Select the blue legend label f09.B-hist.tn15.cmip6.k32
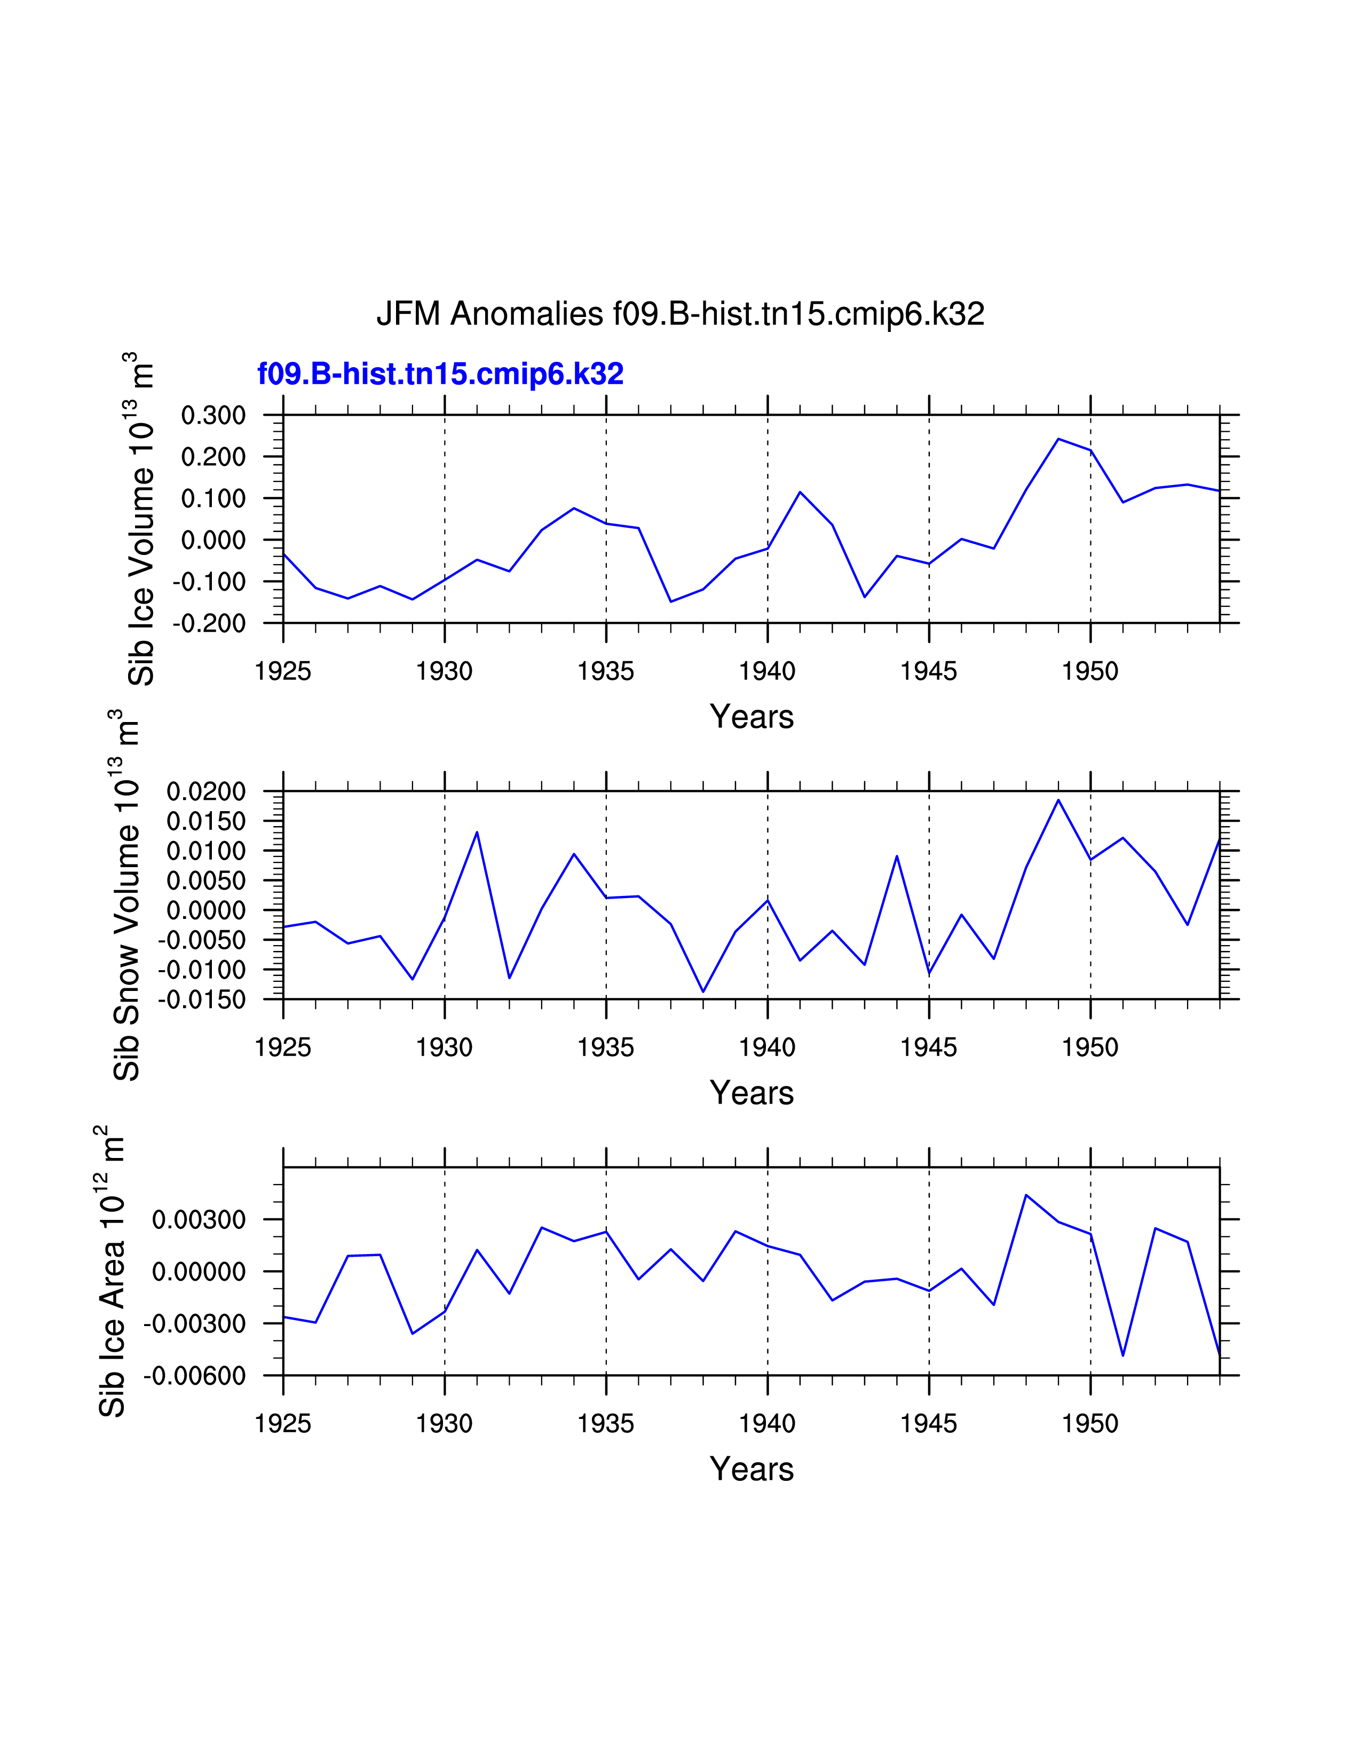click(x=440, y=374)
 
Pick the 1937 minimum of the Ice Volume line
click(x=671, y=601)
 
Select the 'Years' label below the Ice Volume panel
click(x=751, y=717)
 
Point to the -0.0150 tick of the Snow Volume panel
click(x=202, y=1000)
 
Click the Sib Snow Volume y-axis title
click(x=126, y=895)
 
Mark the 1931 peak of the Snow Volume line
click(x=477, y=832)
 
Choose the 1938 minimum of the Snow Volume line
click(x=703, y=992)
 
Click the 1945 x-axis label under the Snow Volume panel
click(x=928, y=1048)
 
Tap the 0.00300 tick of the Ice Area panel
click(x=199, y=1220)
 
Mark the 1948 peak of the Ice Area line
click(x=1026, y=1195)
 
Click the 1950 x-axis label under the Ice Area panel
click(x=1089, y=1424)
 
